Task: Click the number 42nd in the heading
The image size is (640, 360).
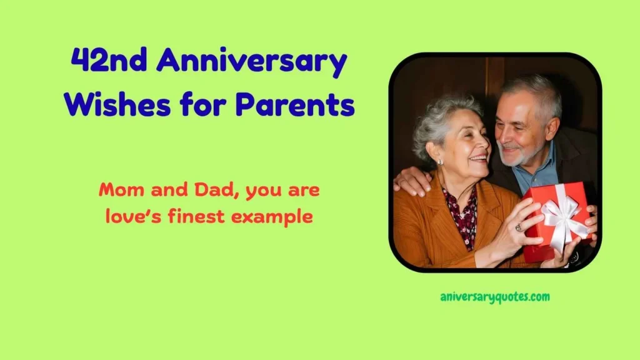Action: (109, 59)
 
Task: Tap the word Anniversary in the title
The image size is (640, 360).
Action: (251, 62)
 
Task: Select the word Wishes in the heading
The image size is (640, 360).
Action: (117, 104)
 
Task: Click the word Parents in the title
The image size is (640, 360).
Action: (295, 104)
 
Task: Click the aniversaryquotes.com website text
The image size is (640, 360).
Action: (495, 297)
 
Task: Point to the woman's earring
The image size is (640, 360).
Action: (441, 162)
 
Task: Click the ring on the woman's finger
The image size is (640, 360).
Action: (519, 227)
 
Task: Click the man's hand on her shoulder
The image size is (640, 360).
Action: (412, 180)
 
